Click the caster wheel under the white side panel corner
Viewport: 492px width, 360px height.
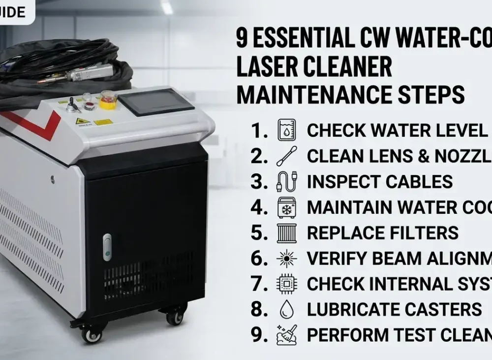[x=91, y=334]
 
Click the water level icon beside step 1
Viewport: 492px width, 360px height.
[x=287, y=131]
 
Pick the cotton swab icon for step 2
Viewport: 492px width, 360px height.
[x=287, y=156]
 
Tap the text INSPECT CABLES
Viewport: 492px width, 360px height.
[x=379, y=182]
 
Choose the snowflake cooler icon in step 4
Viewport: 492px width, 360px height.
[x=287, y=207]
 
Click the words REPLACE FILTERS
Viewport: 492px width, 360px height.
[x=382, y=233]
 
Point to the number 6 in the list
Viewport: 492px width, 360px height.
[x=258, y=258]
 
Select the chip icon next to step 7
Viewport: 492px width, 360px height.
[x=287, y=284]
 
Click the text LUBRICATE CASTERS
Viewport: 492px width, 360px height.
[x=394, y=309]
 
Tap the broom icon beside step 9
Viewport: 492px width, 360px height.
[x=287, y=335]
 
